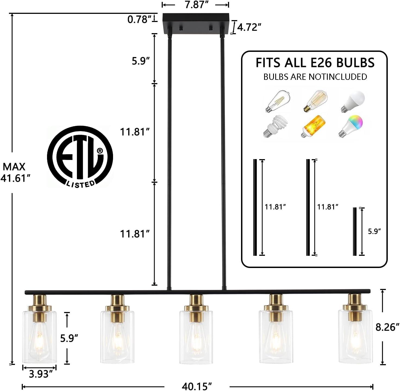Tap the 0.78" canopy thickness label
[139, 19]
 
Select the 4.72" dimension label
[249, 27]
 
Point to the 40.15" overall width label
[196, 386]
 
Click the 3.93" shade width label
[40, 374]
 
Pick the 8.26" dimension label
[387, 327]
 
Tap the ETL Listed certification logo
[80, 157]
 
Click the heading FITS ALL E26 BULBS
[315, 63]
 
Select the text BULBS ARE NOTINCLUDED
[315, 77]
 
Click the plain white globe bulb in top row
[353, 101]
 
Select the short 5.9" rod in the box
[355, 231]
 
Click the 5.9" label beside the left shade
[69, 338]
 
